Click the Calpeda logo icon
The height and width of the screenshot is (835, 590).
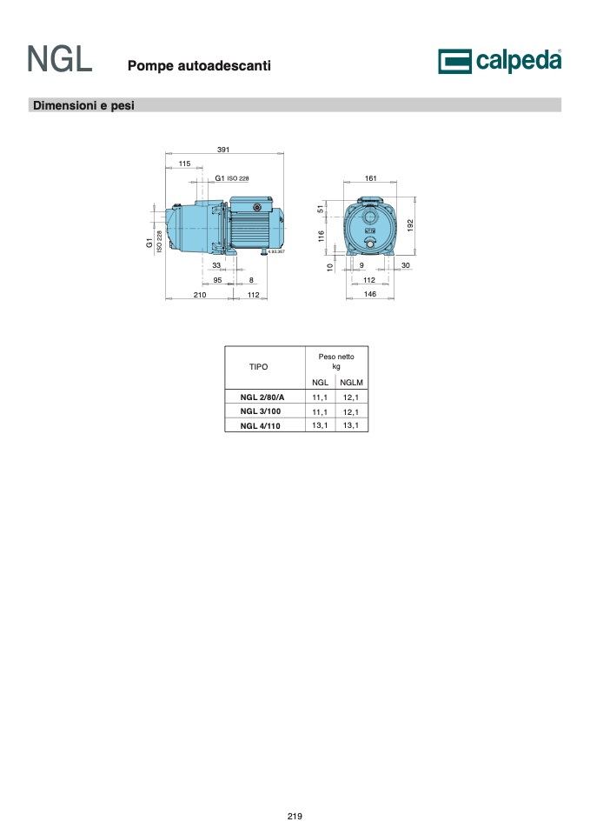coord(454,61)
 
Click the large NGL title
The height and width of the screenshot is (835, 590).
coord(60,59)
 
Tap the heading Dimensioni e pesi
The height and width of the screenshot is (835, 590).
coord(83,105)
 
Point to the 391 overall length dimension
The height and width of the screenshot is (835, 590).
coord(223,150)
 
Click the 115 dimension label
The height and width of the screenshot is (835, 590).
coord(184,164)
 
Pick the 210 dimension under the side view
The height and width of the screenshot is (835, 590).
coord(200,295)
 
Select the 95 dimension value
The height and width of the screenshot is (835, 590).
coord(217,280)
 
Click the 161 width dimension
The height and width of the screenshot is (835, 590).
coord(371,178)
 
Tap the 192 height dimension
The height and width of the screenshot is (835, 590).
coord(410,224)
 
